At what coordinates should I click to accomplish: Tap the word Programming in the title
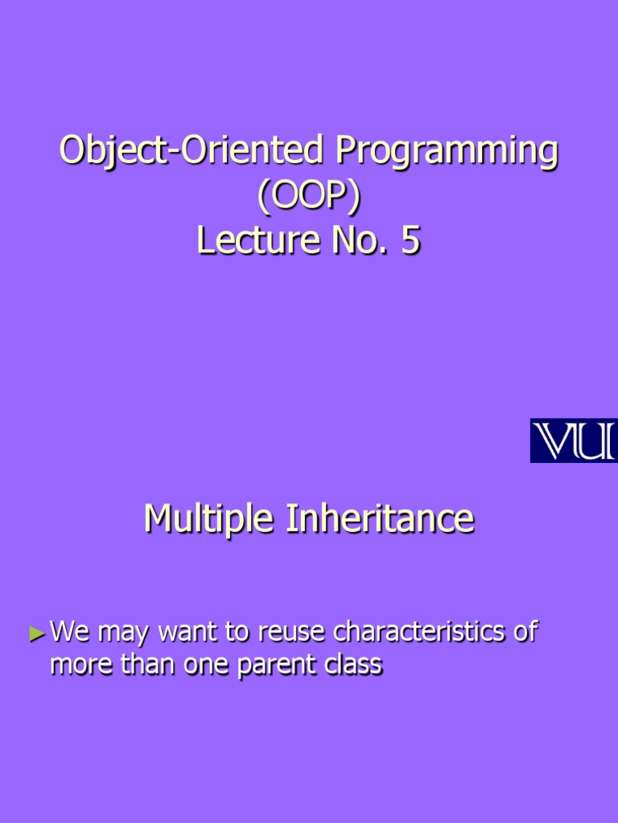447,152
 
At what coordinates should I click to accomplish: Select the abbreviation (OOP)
308,197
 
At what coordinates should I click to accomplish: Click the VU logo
573,440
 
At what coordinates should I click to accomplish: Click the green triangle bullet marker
37,634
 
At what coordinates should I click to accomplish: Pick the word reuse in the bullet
292,633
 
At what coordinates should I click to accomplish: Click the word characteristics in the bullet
422,633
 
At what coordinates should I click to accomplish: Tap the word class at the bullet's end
352,665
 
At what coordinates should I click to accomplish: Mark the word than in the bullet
145,665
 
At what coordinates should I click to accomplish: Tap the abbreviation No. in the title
357,241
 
